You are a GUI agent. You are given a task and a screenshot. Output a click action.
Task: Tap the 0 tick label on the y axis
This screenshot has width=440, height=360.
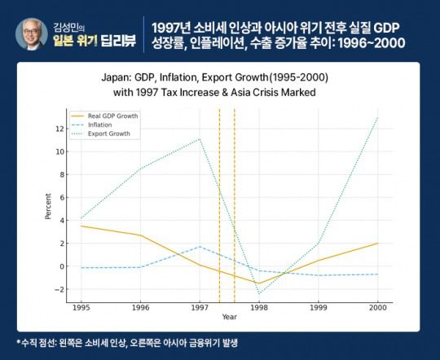click(60, 266)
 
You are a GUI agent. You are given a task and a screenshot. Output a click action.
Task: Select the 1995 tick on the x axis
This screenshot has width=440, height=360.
click(81, 309)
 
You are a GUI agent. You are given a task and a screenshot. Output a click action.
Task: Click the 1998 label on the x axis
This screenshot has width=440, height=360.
click(259, 309)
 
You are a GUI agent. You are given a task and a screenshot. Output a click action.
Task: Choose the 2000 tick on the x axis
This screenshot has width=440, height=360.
click(378, 309)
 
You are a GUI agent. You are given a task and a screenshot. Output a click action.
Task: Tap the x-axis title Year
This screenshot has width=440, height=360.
click(230, 317)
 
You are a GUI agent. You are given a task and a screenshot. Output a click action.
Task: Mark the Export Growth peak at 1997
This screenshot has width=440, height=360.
click(200, 138)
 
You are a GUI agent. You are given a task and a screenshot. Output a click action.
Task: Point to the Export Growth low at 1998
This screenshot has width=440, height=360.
click(259, 293)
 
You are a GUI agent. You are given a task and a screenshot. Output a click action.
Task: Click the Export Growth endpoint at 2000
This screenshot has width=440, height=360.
click(378, 117)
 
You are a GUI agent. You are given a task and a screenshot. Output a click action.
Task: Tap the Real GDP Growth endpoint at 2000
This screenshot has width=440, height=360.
click(378, 243)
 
